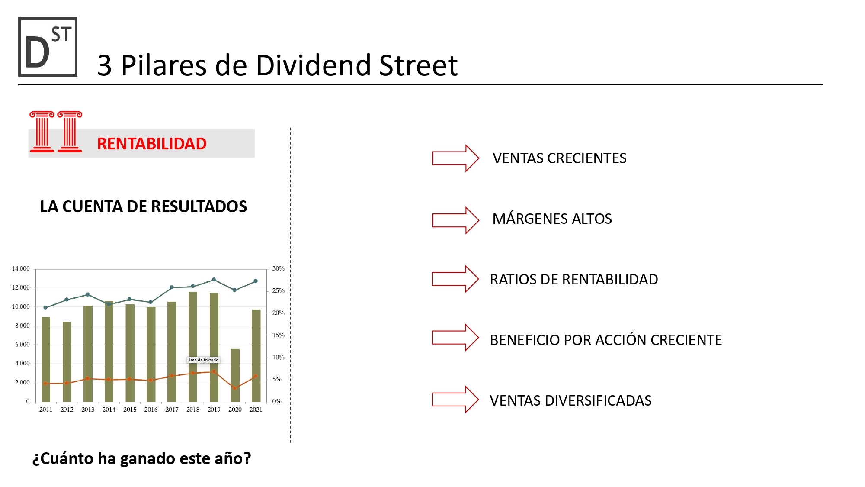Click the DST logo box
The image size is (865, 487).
[x=48, y=47]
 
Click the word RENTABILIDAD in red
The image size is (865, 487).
[x=152, y=144]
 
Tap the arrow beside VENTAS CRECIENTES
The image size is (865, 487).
[x=455, y=158]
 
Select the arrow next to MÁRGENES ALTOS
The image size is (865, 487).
[x=455, y=220]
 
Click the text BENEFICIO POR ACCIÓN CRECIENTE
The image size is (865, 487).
[x=605, y=340]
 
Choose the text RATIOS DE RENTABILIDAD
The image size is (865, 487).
[x=573, y=280]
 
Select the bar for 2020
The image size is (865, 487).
[x=235, y=375]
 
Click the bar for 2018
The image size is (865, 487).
[x=193, y=346]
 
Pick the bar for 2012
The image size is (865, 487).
[x=67, y=361]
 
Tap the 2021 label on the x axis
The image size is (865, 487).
[x=256, y=410]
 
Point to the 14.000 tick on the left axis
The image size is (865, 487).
[x=21, y=269]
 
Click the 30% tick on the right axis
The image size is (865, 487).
[x=278, y=269]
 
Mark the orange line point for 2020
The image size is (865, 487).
[x=234, y=388]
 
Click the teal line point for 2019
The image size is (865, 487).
[x=214, y=280]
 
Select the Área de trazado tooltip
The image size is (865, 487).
[x=203, y=360]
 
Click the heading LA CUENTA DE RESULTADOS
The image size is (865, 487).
[x=144, y=206]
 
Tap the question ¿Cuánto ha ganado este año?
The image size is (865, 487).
[x=141, y=458]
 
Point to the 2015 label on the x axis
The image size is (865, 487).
[x=130, y=410]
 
